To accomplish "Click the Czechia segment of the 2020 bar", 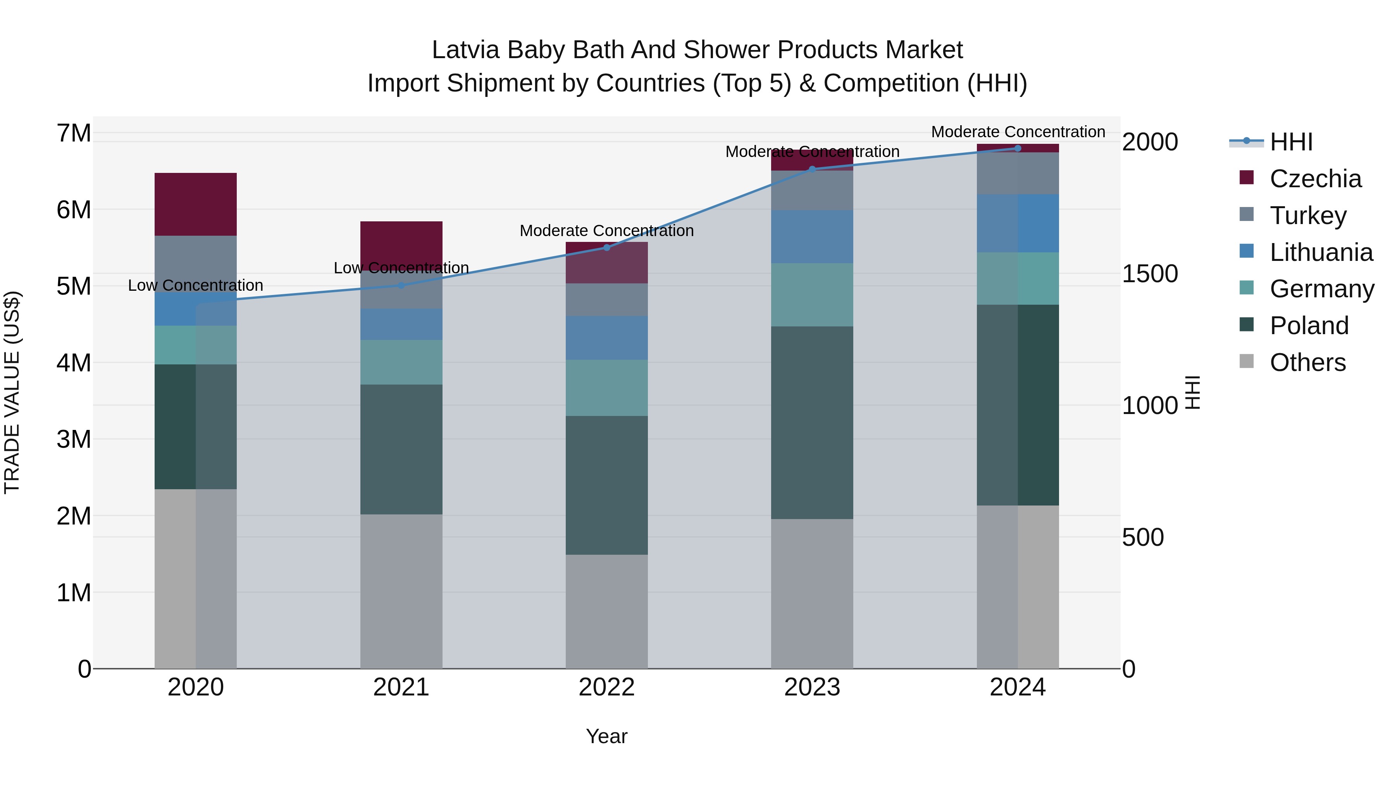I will coord(196,204).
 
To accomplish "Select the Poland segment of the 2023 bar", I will coord(812,423).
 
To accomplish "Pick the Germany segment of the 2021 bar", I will coord(401,362).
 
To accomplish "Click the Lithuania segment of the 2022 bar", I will coord(606,338).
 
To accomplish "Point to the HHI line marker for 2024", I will coord(1018,148).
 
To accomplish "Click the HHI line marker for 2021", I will coord(401,285).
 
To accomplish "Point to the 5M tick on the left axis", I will coord(74,286).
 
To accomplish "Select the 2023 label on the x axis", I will coord(812,687).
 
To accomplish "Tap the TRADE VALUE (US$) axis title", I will coord(12,392).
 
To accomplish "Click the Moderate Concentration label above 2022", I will coord(606,231).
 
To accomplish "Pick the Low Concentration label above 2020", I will coord(196,285).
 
